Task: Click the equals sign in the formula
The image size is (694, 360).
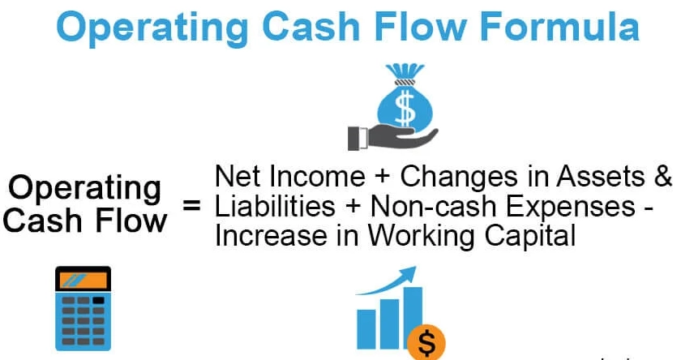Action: [191, 205]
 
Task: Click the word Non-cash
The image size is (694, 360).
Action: [417, 206]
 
